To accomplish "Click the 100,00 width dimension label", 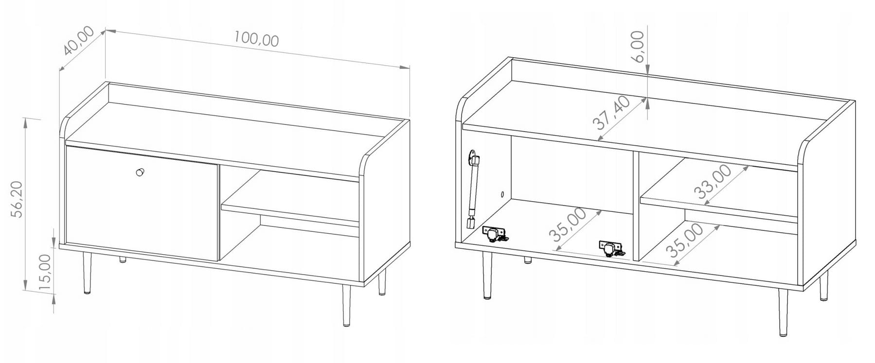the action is pos(256,39).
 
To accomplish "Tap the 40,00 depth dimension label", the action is pos(78,41).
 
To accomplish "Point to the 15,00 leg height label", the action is pos(44,273).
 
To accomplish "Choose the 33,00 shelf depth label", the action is pos(714,182).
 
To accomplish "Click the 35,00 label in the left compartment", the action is pos(567,225).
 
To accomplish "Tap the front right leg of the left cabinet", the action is pos(346,306).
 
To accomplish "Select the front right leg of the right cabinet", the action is pos(783,312).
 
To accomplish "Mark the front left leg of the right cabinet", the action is pos(486,275).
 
